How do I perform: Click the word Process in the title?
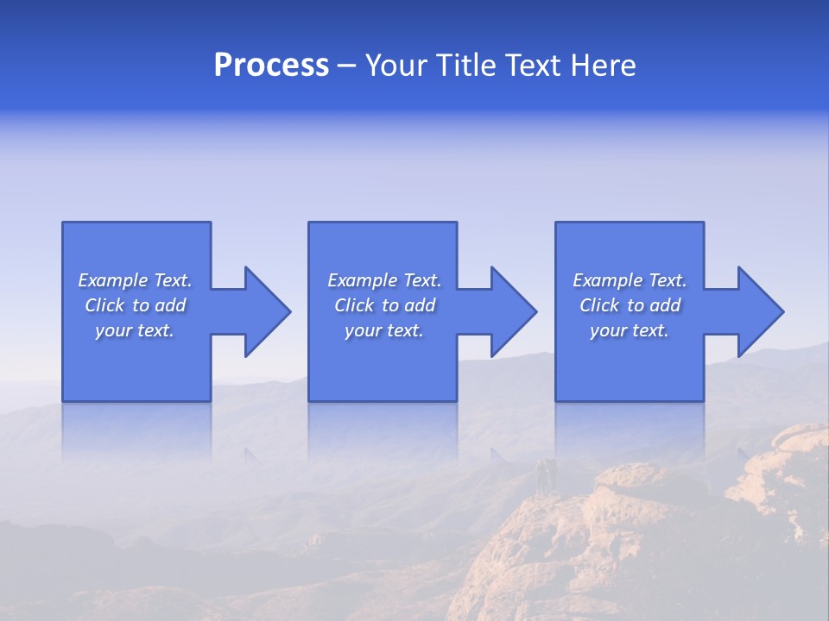pos(271,66)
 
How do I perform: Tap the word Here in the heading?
pos(602,66)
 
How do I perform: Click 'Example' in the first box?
pos(113,280)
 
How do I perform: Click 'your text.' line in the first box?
pos(135,330)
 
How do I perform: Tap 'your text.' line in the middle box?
pos(384,330)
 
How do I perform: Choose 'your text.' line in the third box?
pos(630,330)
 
